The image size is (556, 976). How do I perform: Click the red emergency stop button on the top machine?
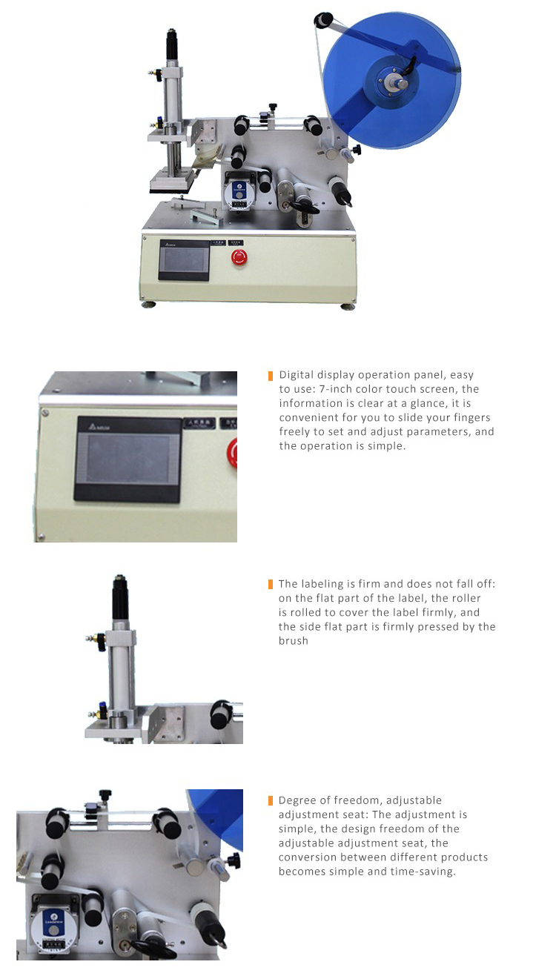[239, 257]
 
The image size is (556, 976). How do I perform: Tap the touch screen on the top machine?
[184, 260]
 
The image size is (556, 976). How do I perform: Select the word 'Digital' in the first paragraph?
[297, 375]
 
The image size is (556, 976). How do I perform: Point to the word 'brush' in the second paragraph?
[294, 641]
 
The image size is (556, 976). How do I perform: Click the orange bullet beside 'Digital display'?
[271, 376]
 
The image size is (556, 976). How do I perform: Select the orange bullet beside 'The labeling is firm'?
[271, 584]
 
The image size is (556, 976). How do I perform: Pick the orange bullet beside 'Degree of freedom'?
[271, 800]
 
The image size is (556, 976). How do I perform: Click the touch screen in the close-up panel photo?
[128, 459]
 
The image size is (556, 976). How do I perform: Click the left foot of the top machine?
[149, 304]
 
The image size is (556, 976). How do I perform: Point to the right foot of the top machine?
[347, 306]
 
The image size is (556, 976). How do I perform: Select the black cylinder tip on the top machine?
[172, 46]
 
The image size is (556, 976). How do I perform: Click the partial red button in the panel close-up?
[232, 454]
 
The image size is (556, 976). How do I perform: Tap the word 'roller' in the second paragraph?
[466, 598]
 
